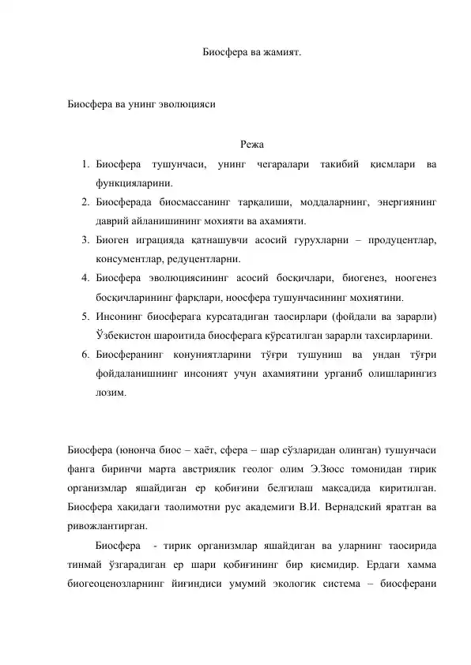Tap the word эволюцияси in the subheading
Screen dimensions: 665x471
(x=184, y=103)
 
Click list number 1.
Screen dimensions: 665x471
(x=83, y=163)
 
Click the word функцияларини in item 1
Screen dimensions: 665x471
(x=130, y=182)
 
